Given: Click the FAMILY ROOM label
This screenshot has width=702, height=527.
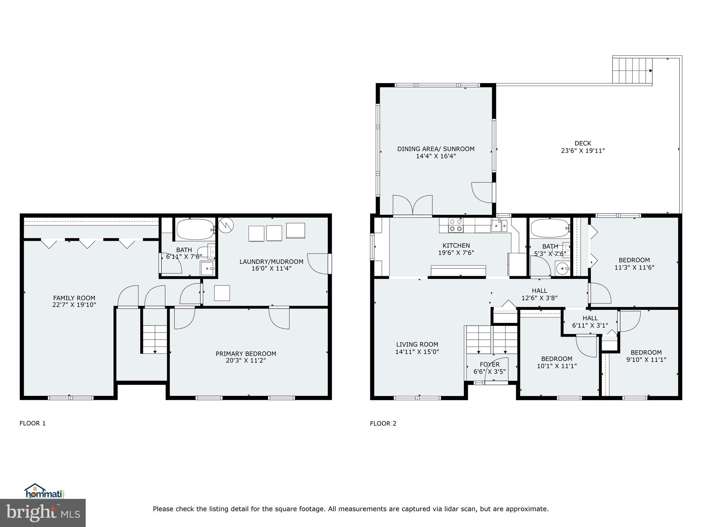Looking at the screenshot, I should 74,298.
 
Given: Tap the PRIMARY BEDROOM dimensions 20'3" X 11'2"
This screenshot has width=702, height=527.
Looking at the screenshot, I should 245,360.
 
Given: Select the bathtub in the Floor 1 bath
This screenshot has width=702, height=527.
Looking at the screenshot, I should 195,229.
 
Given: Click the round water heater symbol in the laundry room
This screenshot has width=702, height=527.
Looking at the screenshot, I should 226,224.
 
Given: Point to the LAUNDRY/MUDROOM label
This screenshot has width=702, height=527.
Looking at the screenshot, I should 271,261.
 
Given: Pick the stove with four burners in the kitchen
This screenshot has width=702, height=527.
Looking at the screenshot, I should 456,225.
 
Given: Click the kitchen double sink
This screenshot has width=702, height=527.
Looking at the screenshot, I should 499,226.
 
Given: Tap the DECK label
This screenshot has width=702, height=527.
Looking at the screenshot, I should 583,143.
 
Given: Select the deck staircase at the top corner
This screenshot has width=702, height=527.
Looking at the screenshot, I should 632,70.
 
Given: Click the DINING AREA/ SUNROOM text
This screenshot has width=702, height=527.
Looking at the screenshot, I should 436,149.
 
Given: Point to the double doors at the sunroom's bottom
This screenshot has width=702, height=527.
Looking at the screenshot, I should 413,206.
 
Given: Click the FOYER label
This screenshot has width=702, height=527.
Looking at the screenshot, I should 489,364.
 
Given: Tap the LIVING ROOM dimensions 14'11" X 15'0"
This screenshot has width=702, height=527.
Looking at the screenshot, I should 417,352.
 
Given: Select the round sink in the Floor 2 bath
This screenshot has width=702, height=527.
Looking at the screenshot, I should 562,268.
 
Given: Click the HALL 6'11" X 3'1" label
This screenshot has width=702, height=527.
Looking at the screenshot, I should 590,321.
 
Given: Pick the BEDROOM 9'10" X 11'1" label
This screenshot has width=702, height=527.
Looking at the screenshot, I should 646,356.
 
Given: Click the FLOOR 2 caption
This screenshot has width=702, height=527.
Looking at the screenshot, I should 383,423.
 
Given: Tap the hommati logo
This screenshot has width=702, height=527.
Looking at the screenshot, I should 44,491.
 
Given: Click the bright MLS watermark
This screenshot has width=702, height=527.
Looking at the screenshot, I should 43,513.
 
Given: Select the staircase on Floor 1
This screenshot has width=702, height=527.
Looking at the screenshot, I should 155,339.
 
